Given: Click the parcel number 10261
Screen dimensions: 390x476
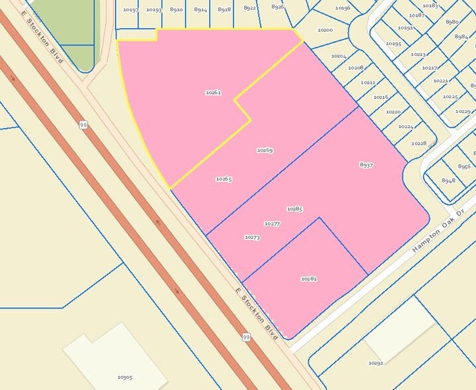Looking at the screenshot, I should [213, 93].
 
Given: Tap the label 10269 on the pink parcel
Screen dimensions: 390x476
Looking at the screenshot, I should [265, 151].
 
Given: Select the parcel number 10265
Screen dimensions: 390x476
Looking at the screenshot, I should [223, 179].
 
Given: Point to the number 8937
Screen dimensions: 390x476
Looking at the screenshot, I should [367, 164].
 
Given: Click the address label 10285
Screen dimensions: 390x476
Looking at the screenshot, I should [294, 209].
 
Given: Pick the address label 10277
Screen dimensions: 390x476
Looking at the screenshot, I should [272, 224].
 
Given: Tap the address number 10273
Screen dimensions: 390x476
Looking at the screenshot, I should [252, 237].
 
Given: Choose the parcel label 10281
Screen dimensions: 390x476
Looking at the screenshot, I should [308, 279].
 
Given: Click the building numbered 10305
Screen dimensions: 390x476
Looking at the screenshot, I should [125, 377].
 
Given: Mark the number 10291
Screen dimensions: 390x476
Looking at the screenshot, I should [376, 363].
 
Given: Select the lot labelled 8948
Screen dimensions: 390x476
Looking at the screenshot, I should [449, 180].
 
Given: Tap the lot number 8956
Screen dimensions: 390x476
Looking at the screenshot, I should [464, 166].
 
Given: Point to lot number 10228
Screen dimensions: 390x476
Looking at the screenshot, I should [418, 143].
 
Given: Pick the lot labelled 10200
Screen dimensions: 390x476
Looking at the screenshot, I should [325, 31].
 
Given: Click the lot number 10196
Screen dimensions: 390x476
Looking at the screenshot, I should [343, 8].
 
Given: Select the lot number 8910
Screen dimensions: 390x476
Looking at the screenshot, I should [176, 10].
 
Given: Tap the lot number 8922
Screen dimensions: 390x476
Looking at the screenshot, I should [249, 8].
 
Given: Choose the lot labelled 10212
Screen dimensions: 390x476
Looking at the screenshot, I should [368, 82].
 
